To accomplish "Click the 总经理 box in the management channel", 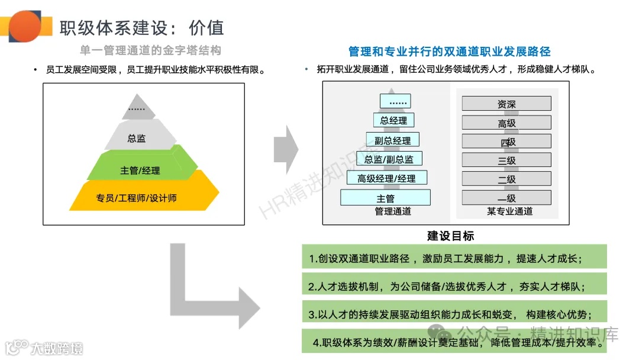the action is pos(393,120).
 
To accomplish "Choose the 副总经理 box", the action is pos(393,140).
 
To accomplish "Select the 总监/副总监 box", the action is pos(389,159).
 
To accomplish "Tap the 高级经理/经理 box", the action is pos(386,178).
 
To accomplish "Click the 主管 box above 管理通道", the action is pos(385,198).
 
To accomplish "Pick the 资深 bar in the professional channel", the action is pos(506,104).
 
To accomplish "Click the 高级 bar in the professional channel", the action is pos(506,123).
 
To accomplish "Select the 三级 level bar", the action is pos(506,160).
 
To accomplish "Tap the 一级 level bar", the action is pos(506,198).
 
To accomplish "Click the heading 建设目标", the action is pos(450,236).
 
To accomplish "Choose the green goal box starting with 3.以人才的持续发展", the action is pos(454,313).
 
